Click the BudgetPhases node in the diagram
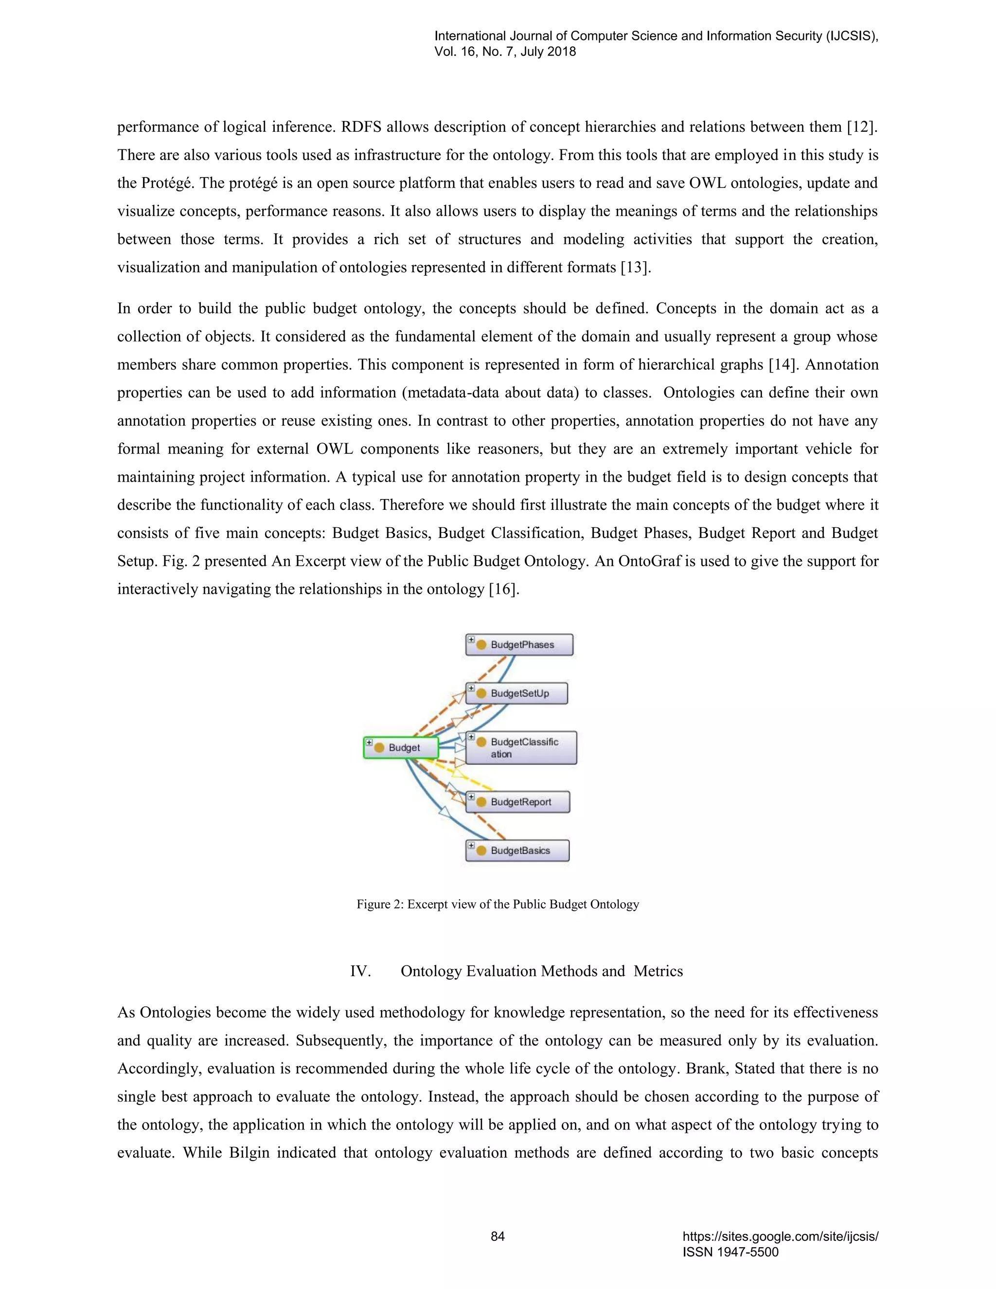point(519,644)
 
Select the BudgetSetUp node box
point(517,693)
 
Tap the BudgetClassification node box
point(522,748)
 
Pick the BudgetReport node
point(518,802)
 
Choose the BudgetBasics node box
point(517,850)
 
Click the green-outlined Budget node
point(401,747)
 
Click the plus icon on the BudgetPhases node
point(471,639)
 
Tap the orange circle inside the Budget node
point(379,748)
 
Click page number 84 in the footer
point(498,1236)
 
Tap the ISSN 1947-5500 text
point(730,1252)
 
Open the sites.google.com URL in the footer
point(780,1236)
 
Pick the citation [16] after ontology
point(504,589)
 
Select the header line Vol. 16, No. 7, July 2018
point(505,52)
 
